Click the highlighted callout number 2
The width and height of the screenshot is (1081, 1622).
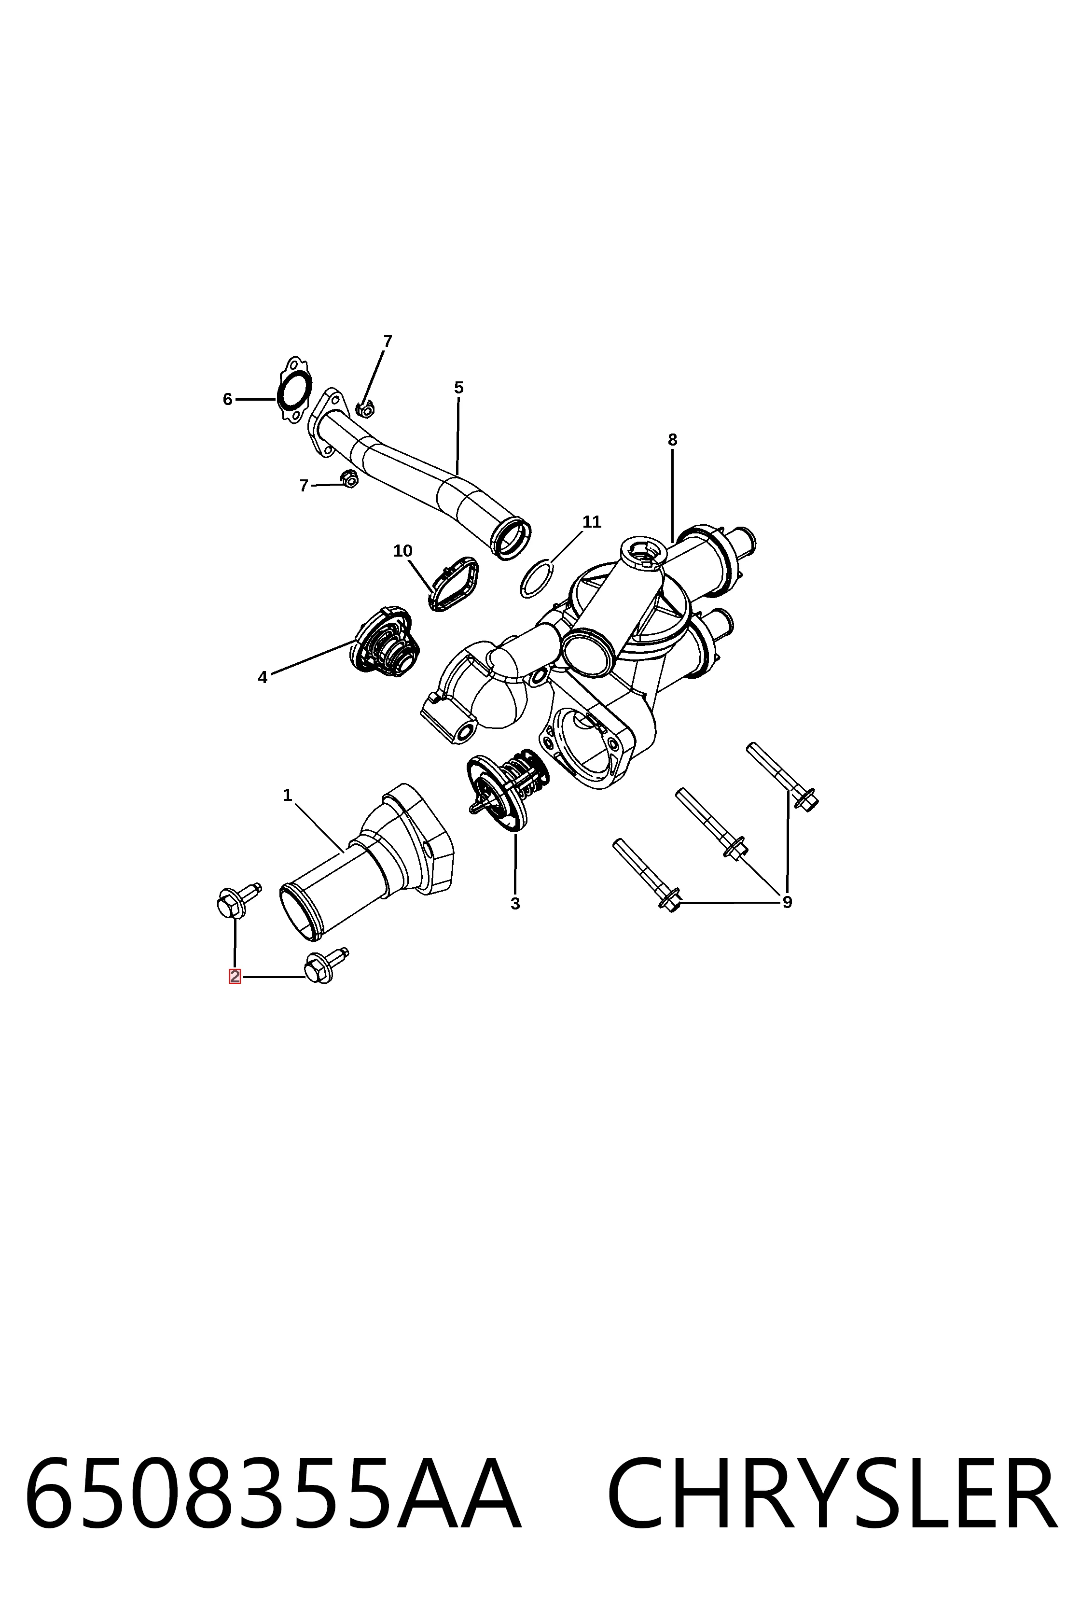pyautogui.click(x=235, y=977)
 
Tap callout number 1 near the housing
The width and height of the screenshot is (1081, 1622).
pyautogui.click(x=288, y=795)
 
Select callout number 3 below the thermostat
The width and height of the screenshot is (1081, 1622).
pyautogui.click(x=515, y=903)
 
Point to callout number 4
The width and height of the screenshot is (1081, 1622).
pyautogui.click(x=263, y=677)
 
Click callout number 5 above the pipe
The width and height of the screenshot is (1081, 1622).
pyautogui.click(x=459, y=388)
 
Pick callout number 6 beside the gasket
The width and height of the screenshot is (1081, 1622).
pyautogui.click(x=227, y=399)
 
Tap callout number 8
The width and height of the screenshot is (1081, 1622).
pyautogui.click(x=673, y=439)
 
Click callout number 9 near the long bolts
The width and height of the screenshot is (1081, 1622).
pyautogui.click(x=787, y=901)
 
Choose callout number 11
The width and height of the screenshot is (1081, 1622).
pyautogui.click(x=592, y=522)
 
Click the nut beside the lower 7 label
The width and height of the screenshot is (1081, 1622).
pyautogui.click(x=349, y=478)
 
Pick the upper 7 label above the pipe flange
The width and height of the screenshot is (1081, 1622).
pyautogui.click(x=388, y=341)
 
